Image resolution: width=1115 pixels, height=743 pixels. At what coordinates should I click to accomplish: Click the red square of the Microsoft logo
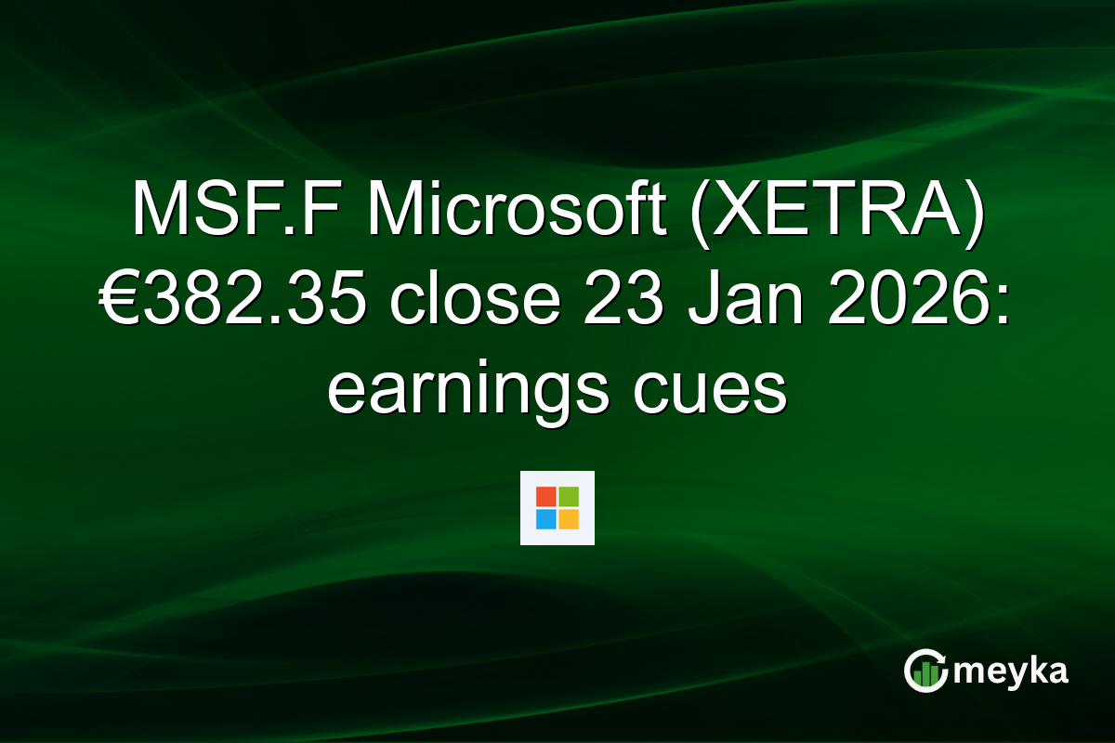(546, 497)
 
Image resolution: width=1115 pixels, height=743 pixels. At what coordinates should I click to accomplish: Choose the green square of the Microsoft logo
(569, 497)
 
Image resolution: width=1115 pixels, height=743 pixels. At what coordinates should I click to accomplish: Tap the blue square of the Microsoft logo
(546, 518)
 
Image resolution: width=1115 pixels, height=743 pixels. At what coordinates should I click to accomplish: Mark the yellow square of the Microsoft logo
(569, 518)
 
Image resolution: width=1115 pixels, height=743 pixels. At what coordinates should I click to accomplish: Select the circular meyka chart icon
(925, 671)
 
